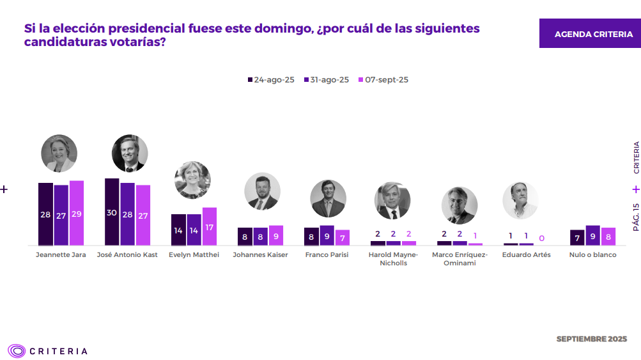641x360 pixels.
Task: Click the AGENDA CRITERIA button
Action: (589, 34)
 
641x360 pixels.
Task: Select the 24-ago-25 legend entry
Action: (271, 80)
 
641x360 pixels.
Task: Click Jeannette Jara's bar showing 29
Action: (77, 213)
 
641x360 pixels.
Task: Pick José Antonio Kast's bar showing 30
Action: (112, 212)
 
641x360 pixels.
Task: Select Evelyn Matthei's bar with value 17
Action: (210, 226)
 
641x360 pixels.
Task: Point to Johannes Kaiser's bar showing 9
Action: (276, 235)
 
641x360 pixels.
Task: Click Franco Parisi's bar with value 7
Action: (343, 237)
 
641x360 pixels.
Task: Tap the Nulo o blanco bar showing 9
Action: (592, 235)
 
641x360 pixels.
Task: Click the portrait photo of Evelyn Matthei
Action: (192, 180)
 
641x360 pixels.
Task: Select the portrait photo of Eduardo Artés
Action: (520, 200)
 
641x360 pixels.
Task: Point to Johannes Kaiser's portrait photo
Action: (262, 191)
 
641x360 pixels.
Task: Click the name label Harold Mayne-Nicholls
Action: (393, 259)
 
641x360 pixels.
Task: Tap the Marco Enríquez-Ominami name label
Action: (460, 259)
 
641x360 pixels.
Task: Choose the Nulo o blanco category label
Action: (592, 255)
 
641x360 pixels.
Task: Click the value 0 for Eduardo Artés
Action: (541, 239)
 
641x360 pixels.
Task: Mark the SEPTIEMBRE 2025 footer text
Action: (591, 338)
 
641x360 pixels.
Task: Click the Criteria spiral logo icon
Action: (17, 350)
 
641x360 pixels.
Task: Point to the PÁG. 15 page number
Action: (636, 217)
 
